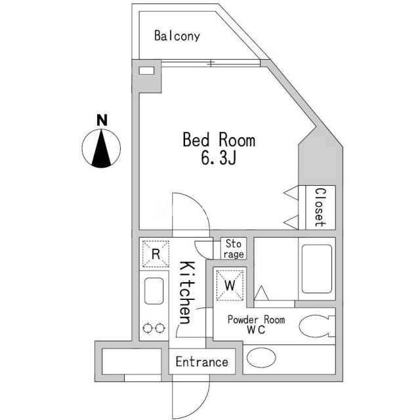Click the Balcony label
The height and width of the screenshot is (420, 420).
177,35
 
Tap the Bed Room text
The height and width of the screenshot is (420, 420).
219,140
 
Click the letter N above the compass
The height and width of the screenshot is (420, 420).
102,120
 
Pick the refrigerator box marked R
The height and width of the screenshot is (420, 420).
156,254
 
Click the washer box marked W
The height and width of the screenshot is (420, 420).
230,285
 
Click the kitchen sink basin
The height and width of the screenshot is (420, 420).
155,290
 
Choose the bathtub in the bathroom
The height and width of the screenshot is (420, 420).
316,269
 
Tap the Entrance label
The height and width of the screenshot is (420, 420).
201,362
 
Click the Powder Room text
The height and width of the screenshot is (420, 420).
256,320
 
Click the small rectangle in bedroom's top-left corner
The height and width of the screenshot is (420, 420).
147,70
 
